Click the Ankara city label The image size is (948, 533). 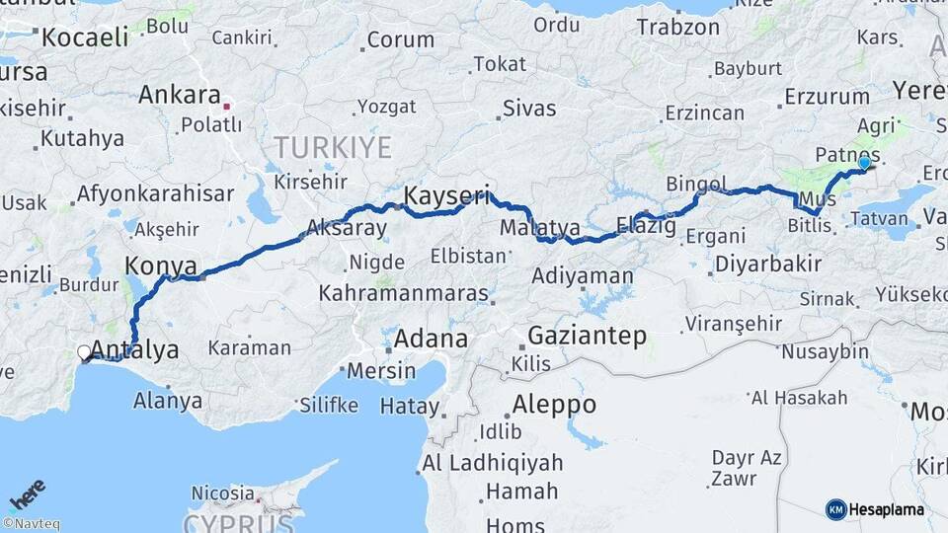tap(179, 96)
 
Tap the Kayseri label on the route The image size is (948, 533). tap(447, 194)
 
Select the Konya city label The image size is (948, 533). tap(161, 265)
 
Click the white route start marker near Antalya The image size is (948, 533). tap(85, 351)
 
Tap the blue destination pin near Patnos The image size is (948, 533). tap(865, 164)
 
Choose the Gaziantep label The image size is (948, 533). tap(588, 336)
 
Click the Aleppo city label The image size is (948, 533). tap(554, 405)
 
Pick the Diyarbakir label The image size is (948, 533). tap(768, 264)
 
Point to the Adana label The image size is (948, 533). tap(431, 339)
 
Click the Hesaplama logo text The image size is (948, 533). tap(886, 509)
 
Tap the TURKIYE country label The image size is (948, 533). tap(333, 148)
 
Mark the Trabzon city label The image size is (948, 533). tap(677, 27)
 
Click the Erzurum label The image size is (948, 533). tap(826, 97)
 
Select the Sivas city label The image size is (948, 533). tap(529, 108)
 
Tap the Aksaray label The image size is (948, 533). tap(347, 228)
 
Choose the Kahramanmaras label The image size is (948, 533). tap(404, 294)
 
